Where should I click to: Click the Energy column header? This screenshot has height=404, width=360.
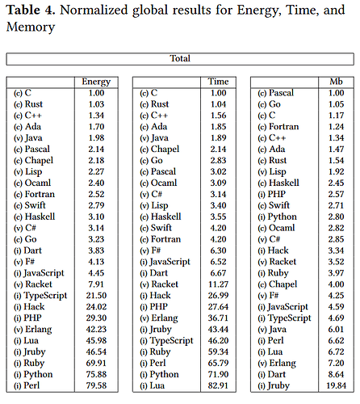(x=96, y=82)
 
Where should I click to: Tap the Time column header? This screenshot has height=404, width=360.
(x=219, y=82)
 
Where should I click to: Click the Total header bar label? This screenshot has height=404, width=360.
(x=179, y=58)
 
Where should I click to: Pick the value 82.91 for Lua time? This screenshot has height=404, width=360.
(x=218, y=387)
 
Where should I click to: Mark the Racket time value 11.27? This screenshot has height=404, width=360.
(x=218, y=284)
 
